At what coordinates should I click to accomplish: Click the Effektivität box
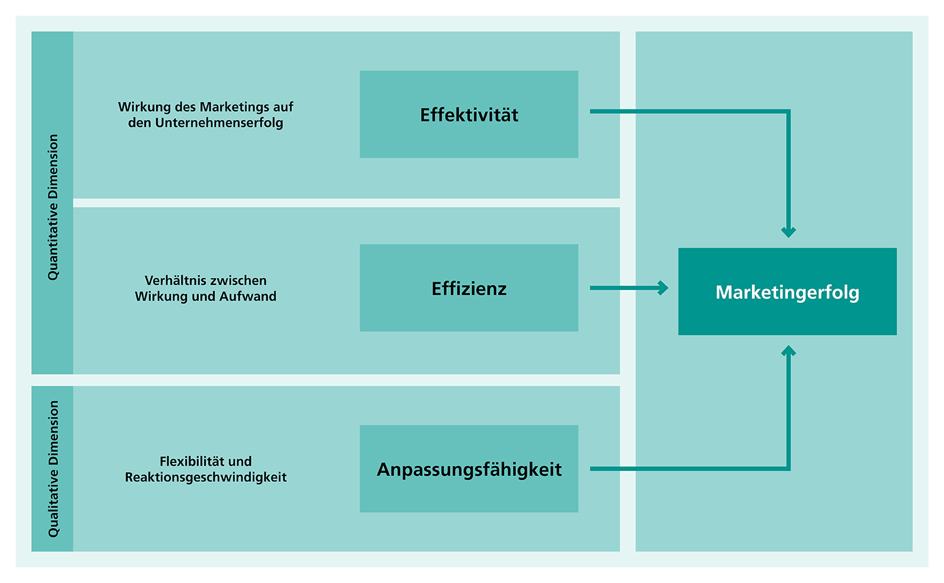click(x=469, y=114)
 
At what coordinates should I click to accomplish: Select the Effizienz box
click(x=469, y=288)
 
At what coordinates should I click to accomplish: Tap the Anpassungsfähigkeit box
click(x=469, y=469)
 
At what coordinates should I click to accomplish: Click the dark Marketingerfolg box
click(x=787, y=292)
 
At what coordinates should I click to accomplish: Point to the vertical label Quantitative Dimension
click(x=53, y=207)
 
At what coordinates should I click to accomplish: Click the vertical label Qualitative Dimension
click(x=53, y=469)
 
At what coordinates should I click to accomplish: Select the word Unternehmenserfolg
click(x=219, y=123)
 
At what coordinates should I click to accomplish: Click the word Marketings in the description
click(x=230, y=107)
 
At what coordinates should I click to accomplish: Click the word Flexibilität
click(x=188, y=461)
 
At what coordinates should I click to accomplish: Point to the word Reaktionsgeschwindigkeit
click(x=206, y=477)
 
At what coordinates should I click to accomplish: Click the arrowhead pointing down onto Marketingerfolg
click(x=789, y=231)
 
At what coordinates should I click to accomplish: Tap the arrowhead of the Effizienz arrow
click(x=663, y=288)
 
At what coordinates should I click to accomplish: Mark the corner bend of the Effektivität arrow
click(x=788, y=112)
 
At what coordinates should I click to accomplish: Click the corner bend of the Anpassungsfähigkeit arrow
click(x=788, y=469)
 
